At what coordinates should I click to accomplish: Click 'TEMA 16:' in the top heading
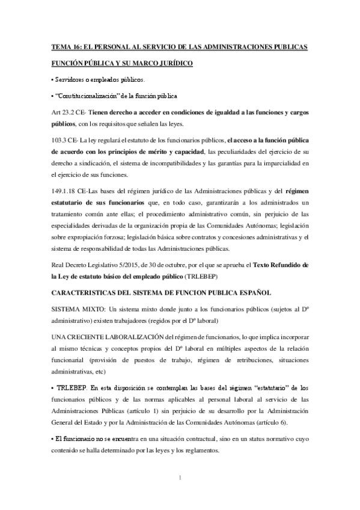pyautogui.click(x=67, y=46)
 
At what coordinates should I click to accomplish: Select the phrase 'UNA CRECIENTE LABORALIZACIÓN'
pyautogui.click(x=107, y=321)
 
